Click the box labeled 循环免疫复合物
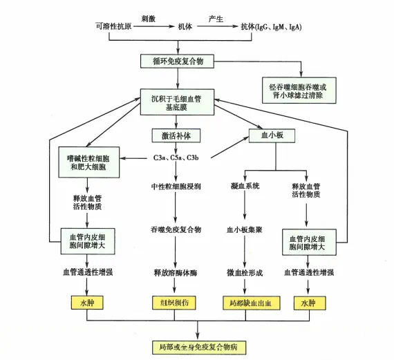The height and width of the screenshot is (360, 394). click(177, 61)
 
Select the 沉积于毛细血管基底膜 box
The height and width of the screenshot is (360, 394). click(177, 102)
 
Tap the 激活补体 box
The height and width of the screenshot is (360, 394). click(176, 135)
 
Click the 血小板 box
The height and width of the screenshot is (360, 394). click(272, 135)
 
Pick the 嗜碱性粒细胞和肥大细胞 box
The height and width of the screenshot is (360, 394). click(89, 162)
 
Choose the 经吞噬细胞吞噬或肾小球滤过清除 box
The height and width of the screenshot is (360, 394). click(299, 91)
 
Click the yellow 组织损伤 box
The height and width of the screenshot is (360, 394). click(174, 303)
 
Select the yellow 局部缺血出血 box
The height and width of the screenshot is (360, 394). click(252, 303)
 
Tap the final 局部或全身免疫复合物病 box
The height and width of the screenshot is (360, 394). click(199, 348)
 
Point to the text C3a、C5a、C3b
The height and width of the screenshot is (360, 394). click(176, 158)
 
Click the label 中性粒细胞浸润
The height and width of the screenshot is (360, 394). click(176, 187)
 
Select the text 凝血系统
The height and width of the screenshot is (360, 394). click(245, 186)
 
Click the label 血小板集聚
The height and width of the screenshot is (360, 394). click(245, 229)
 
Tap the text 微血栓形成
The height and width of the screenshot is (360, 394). click(245, 272)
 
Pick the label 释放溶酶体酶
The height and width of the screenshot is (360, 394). click(176, 273)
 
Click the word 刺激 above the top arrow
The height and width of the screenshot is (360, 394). click(148, 19)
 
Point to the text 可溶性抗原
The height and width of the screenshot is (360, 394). click(113, 26)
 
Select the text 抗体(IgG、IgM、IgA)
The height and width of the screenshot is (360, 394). click(271, 27)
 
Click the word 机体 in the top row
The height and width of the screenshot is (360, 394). click(185, 26)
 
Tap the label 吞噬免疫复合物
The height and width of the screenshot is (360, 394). click(176, 229)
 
